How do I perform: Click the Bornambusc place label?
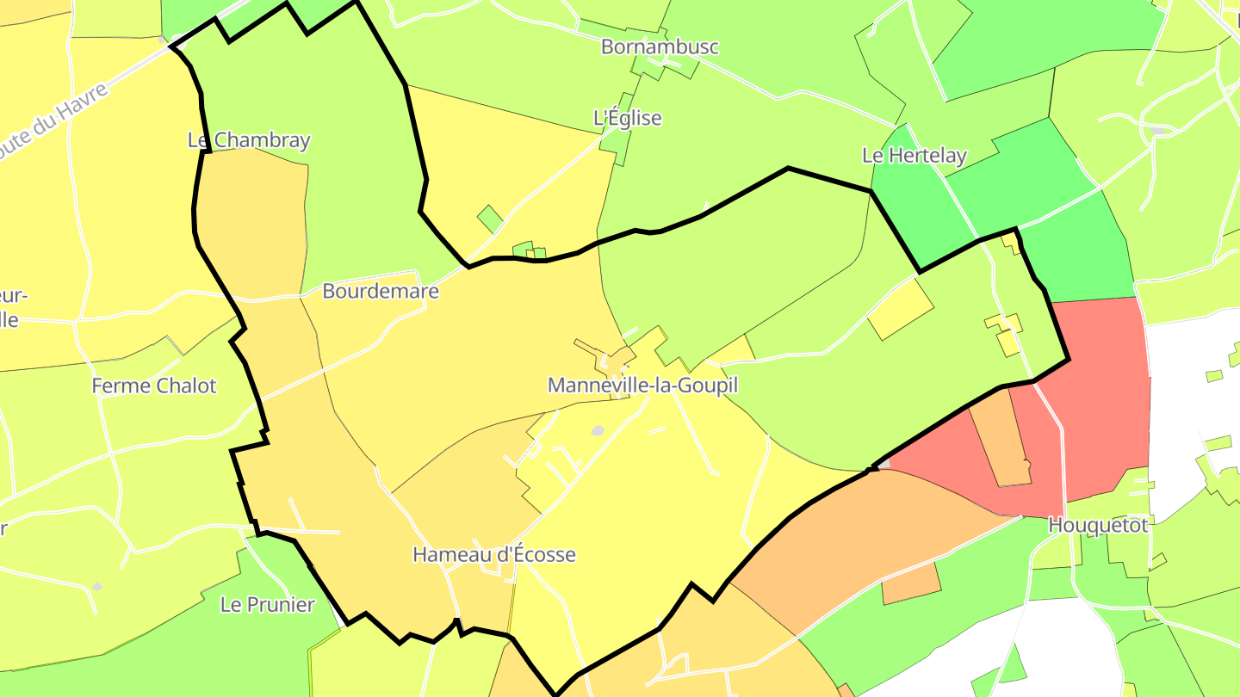click(660, 46)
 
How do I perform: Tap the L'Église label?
click(628, 118)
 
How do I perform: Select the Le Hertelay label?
click(914, 156)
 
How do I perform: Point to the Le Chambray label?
click(249, 140)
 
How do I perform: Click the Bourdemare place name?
click(380, 291)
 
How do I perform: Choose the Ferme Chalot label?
click(154, 386)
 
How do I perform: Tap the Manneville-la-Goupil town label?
click(642, 385)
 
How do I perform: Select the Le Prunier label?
click(268, 604)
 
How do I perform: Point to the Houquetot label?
click(1098, 525)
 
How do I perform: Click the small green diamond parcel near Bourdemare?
click(490, 219)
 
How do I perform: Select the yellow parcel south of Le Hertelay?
click(900, 308)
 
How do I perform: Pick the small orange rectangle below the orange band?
click(910, 583)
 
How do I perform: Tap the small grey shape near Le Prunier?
click(97, 586)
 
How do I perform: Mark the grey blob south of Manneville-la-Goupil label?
click(598, 430)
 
